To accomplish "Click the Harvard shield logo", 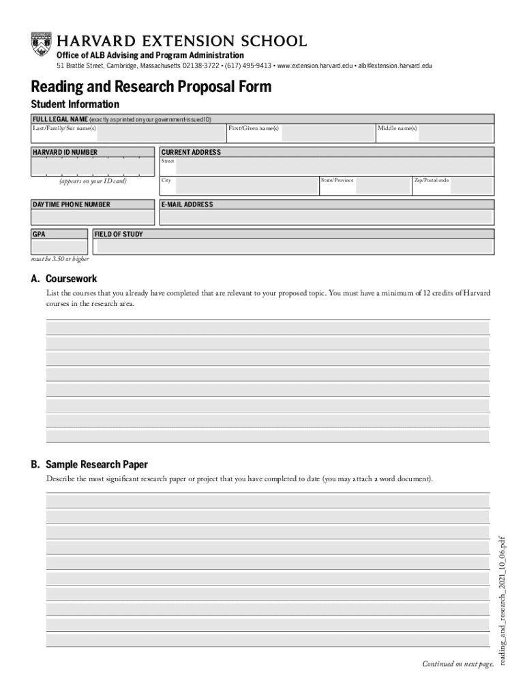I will tap(41, 44).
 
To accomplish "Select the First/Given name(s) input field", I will tap(327, 133).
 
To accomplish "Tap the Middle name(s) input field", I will tap(455, 133).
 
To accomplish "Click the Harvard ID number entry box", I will tap(92, 166).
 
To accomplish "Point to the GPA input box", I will tap(59, 246).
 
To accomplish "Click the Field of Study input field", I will tap(293, 246).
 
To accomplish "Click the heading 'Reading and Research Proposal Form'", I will tap(151, 87).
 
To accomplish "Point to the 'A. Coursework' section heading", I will tap(63, 279).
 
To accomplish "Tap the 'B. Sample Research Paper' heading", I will tap(89, 465).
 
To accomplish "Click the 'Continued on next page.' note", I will tap(457, 664).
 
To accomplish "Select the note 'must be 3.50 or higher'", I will tap(60, 259).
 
